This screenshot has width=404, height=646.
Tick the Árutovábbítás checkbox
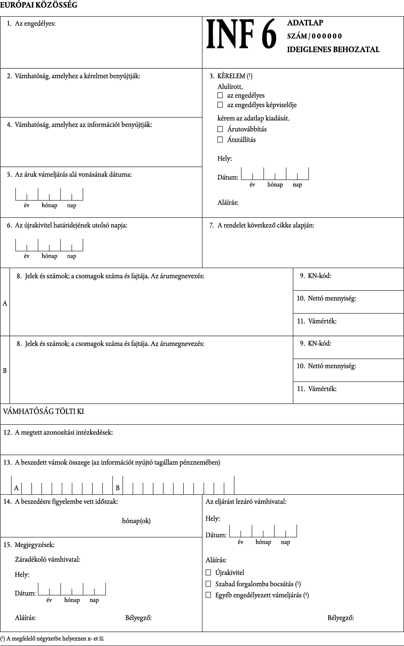coord(220,129)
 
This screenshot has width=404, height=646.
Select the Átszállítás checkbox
coord(220,140)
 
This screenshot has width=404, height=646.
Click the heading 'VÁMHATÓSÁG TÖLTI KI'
coord(44,411)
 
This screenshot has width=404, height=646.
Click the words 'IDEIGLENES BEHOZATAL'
coord(333,50)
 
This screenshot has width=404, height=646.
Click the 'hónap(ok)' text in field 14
coord(136,521)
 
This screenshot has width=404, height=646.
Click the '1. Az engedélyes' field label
coord(31,24)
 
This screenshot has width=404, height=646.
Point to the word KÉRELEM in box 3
coord(231,76)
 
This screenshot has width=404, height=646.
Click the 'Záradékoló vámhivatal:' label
coord(48,559)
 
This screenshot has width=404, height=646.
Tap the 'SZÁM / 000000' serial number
coord(314,36)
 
